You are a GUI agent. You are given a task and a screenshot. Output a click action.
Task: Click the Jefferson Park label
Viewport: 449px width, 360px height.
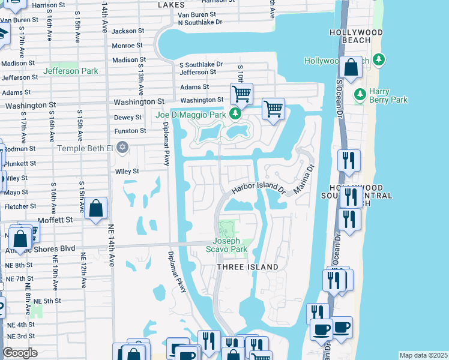coord(70,71)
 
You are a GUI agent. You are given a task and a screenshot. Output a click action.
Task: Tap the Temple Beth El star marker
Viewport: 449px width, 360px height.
coord(122,147)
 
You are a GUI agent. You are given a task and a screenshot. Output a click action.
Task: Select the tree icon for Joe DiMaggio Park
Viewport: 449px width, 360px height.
coord(237,114)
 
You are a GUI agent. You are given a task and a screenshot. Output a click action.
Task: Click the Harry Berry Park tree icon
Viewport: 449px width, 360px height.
coord(360,94)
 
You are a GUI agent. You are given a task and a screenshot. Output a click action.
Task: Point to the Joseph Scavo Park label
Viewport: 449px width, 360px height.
coord(227,245)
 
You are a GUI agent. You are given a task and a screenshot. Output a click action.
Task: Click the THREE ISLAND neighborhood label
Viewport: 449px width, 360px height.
coord(247,267)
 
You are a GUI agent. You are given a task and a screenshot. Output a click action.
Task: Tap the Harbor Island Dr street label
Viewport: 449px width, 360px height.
coord(259,187)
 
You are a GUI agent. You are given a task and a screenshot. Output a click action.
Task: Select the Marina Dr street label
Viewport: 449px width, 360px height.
coord(304,180)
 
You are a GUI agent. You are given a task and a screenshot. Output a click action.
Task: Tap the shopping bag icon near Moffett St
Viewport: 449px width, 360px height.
coord(96,209)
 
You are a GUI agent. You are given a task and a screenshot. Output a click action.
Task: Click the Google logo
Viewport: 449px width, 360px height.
coord(20,353)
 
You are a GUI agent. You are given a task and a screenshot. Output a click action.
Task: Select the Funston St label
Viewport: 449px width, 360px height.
coord(130,131)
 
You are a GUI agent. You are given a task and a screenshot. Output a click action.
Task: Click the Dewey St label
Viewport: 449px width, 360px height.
coord(127,118)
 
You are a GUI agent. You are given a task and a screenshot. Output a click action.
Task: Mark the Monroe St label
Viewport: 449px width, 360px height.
coord(127,46)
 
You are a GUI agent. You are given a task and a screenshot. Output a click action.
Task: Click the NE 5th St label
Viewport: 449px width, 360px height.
coord(47,301)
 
